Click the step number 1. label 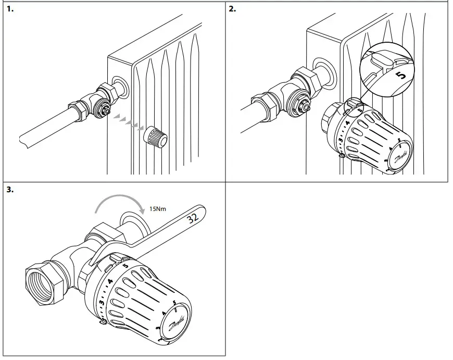10,9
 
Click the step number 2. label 233,9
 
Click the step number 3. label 10,190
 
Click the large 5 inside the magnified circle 399,76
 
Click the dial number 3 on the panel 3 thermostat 103,302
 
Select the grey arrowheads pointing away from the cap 128,121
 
